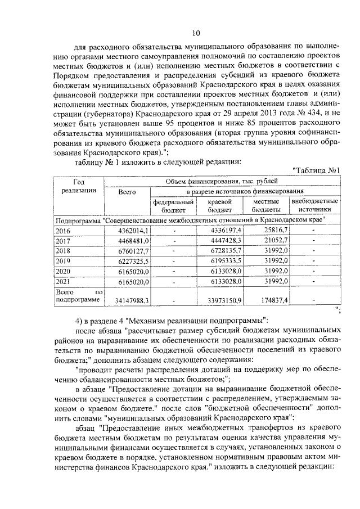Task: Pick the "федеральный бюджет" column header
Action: (x=173, y=205)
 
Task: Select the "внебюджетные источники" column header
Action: (x=314, y=205)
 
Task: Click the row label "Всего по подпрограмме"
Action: (x=79, y=296)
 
